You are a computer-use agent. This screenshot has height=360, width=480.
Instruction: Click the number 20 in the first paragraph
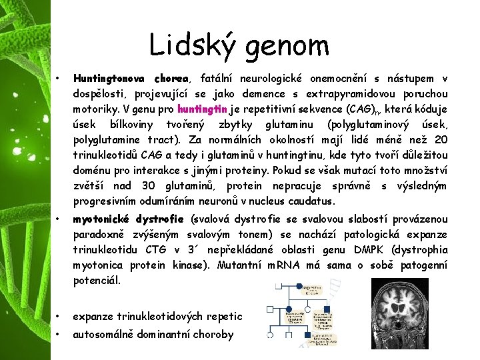click(x=440, y=139)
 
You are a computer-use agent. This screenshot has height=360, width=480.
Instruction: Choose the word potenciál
click(x=97, y=281)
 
